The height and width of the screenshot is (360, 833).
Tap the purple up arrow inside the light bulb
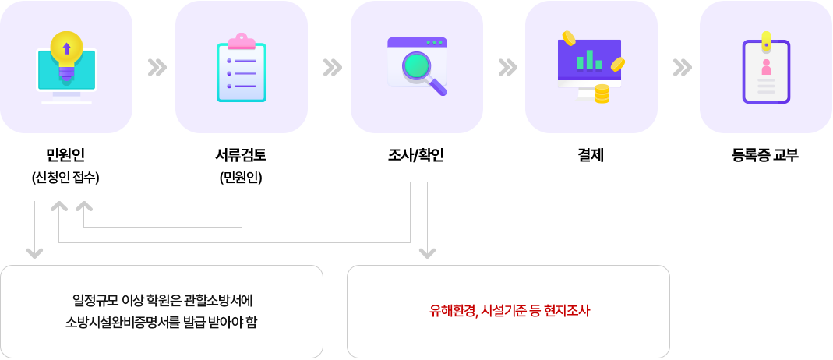[x=66, y=48]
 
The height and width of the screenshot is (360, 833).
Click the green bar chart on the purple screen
[x=589, y=59]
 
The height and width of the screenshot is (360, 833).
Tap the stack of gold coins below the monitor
[x=602, y=94]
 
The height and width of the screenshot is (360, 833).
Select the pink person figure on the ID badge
[x=767, y=66]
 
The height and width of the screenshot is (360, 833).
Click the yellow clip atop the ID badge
[x=767, y=39]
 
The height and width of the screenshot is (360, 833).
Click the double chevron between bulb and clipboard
[x=157, y=68]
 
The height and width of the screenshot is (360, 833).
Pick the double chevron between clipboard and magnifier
[x=332, y=68]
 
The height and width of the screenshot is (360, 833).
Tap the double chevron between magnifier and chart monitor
[x=507, y=68]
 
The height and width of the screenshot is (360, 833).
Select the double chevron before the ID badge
[x=682, y=68]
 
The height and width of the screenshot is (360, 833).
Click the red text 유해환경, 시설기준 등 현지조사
[x=510, y=311]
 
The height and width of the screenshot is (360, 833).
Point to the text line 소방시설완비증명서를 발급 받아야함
[x=161, y=322]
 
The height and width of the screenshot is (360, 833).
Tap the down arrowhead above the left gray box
[x=34, y=252]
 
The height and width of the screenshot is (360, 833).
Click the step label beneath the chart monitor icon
[x=590, y=155]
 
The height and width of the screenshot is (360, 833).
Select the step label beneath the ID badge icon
[x=764, y=155]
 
